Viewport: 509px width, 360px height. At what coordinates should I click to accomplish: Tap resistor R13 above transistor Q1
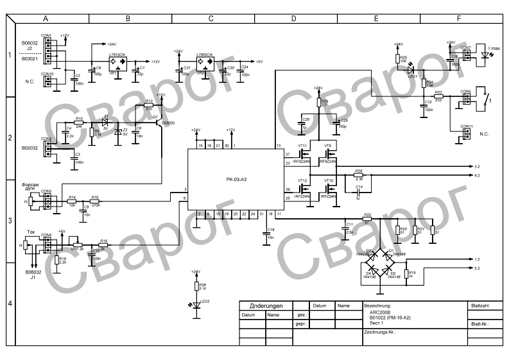point(149,107)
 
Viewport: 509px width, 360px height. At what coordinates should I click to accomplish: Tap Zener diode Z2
point(116,132)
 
